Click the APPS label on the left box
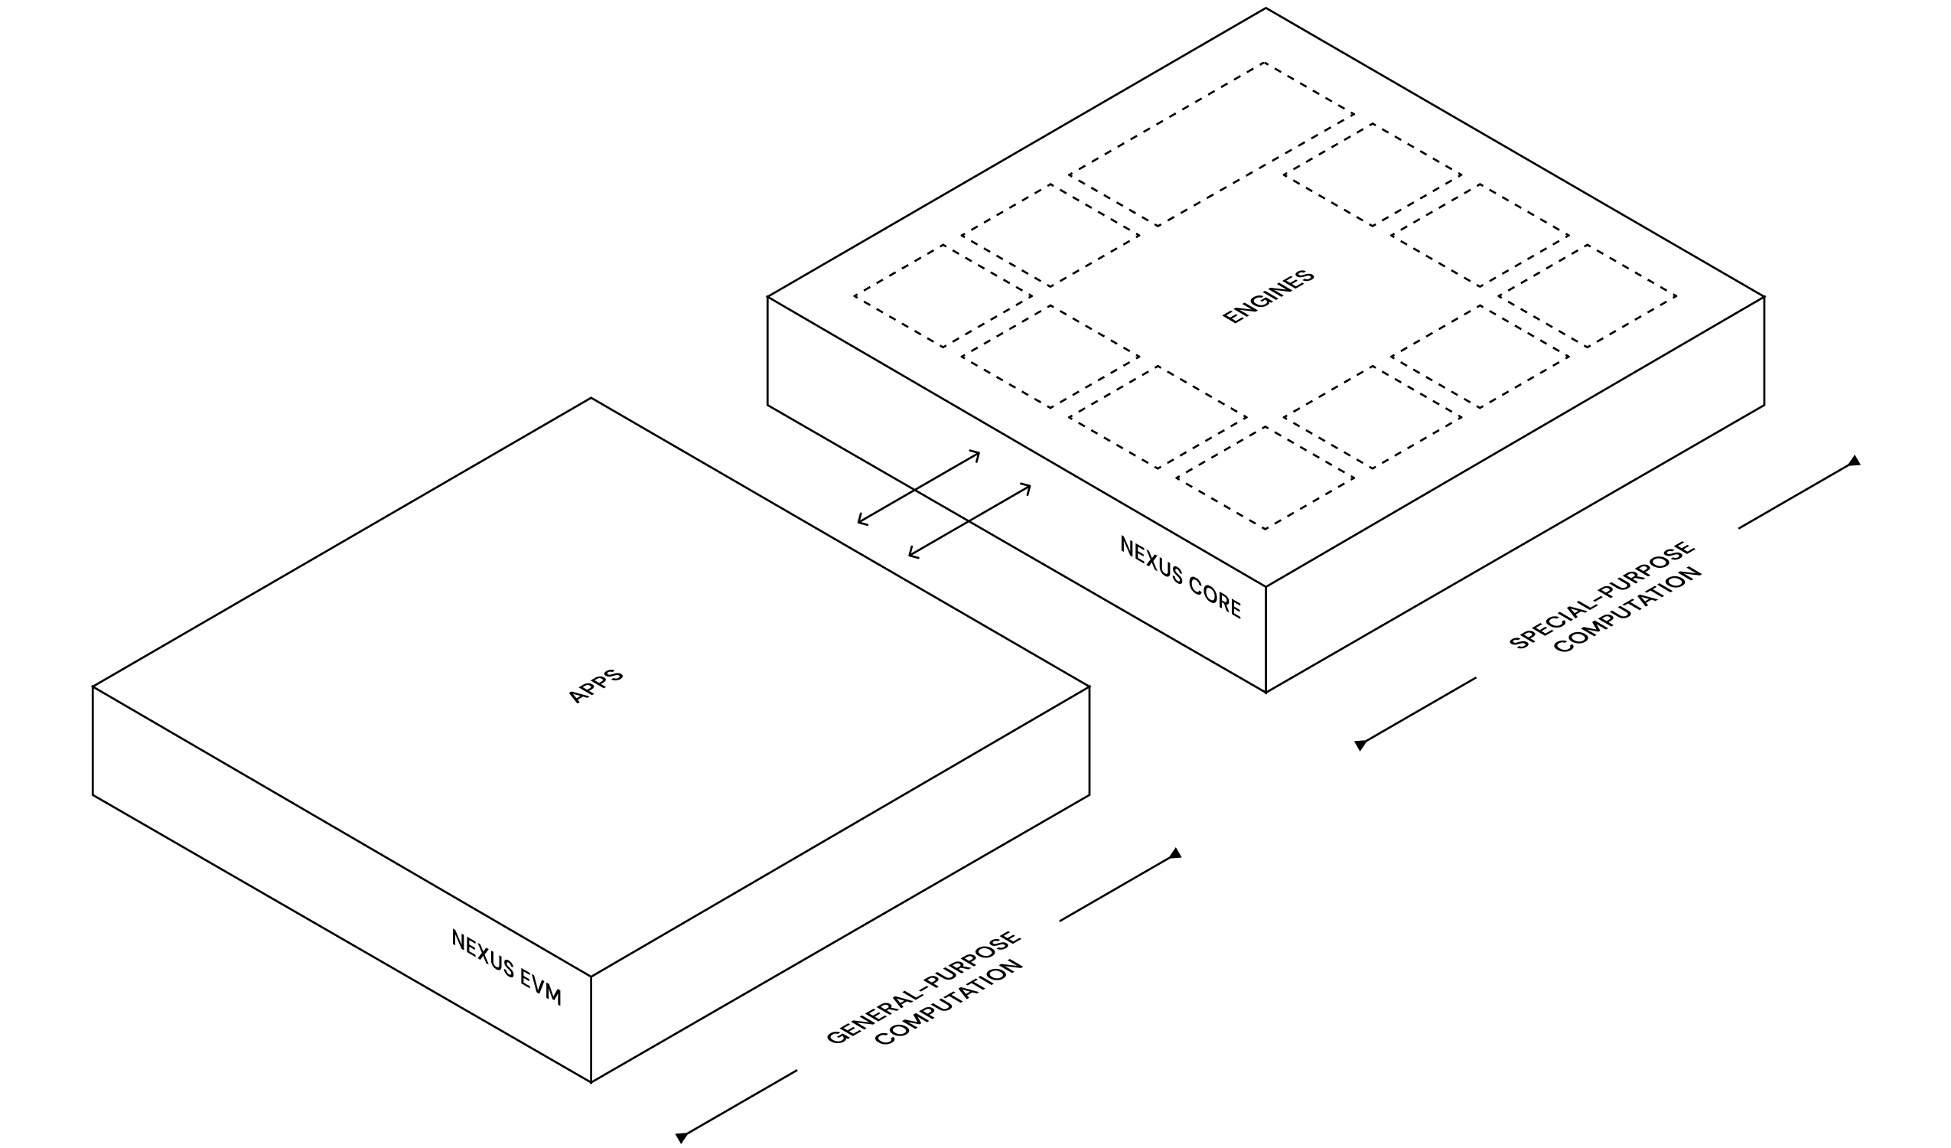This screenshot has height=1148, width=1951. (595, 687)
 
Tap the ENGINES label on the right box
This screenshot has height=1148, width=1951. (1269, 297)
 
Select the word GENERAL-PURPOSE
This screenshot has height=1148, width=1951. (923, 987)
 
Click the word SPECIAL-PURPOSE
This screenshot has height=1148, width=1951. (1602, 595)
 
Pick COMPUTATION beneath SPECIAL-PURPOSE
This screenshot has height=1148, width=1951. (1628, 612)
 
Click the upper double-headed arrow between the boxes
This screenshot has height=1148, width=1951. (918, 488)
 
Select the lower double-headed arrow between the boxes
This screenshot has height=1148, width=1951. (969, 520)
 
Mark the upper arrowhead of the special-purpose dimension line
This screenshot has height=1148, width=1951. (1855, 461)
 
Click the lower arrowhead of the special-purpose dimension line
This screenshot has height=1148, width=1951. (1360, 745)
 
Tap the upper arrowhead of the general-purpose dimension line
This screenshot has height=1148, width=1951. (1175, 853)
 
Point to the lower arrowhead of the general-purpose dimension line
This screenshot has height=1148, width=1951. (681, 1137)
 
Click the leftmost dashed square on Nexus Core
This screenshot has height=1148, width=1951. (943, 296)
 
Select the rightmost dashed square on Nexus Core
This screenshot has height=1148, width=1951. (1587, 296)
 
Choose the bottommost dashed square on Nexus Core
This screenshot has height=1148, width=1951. (1265, 478)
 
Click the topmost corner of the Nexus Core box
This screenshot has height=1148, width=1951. (1265, 8)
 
